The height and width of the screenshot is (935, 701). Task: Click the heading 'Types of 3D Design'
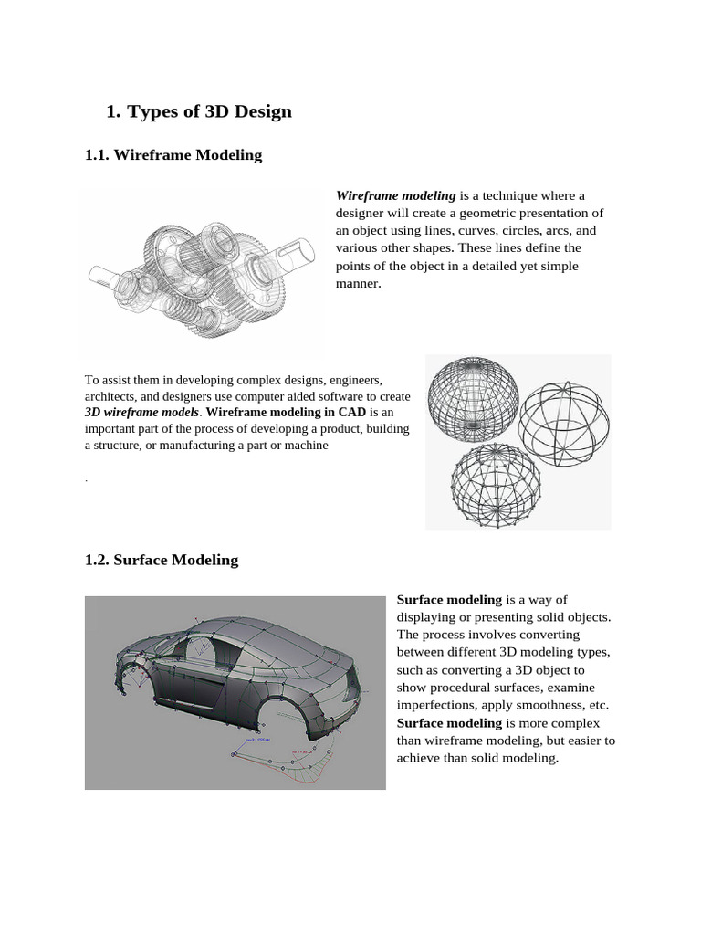tap(209, 112)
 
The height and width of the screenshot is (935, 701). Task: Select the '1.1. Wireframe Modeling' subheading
tap(173, 155)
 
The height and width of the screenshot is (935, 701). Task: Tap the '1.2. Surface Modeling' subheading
tap(162, 561)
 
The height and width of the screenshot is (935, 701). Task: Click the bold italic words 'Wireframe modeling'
tap(395, 195)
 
